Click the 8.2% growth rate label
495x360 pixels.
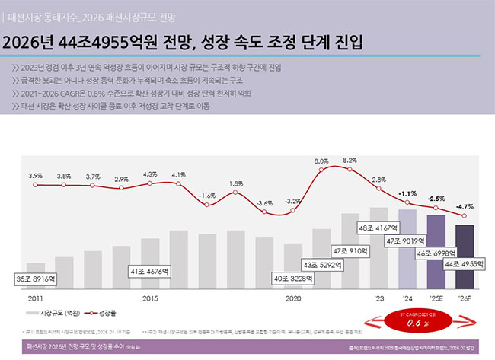pos(350,161)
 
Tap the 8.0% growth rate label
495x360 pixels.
pos(321,162)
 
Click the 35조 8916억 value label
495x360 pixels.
pos(35,280)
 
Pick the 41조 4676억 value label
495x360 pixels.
pos(151,271)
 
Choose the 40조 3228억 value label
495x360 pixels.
pos(293,279)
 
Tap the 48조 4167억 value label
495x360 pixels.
pos(379,228)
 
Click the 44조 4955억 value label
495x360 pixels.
pos(464,263)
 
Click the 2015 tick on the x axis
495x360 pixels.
pos(150,299)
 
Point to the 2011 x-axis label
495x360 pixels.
pos(35,299)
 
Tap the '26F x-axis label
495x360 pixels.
pos(464,299)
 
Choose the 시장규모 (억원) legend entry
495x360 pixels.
pos(52,313)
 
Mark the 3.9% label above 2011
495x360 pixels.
pos(35,175)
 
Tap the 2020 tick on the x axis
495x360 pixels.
pos(293,299)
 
